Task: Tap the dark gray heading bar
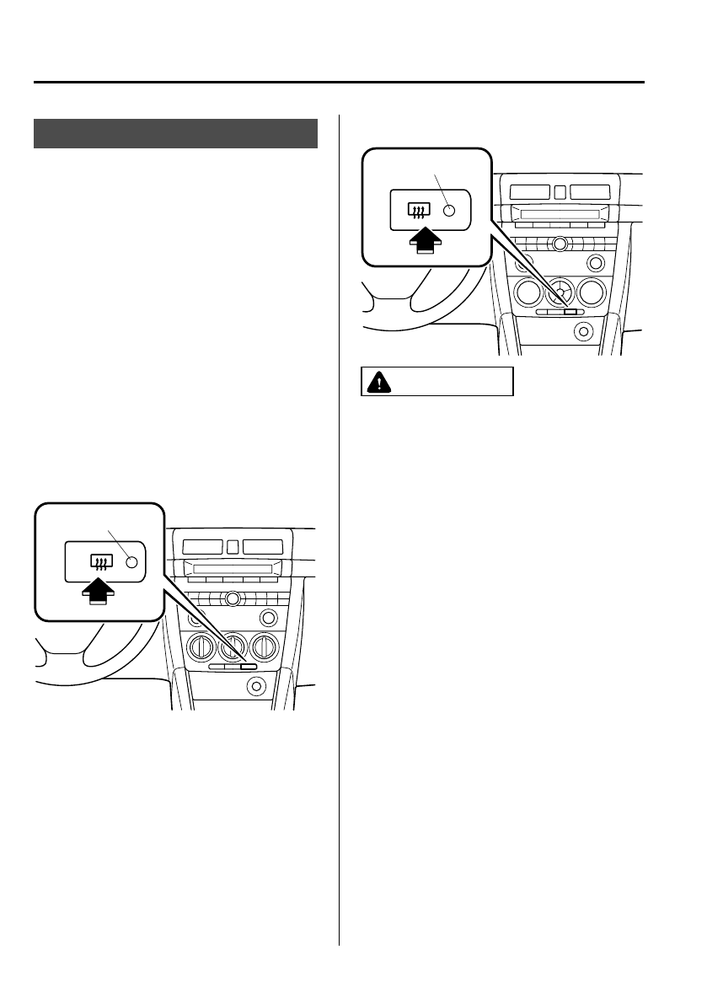175,133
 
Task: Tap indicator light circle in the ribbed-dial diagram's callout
131,561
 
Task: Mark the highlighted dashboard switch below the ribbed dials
248,666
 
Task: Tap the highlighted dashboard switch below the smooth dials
571,312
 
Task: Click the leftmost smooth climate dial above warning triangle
528,292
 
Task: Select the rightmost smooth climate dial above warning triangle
590,292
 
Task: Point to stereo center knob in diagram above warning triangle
558,244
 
